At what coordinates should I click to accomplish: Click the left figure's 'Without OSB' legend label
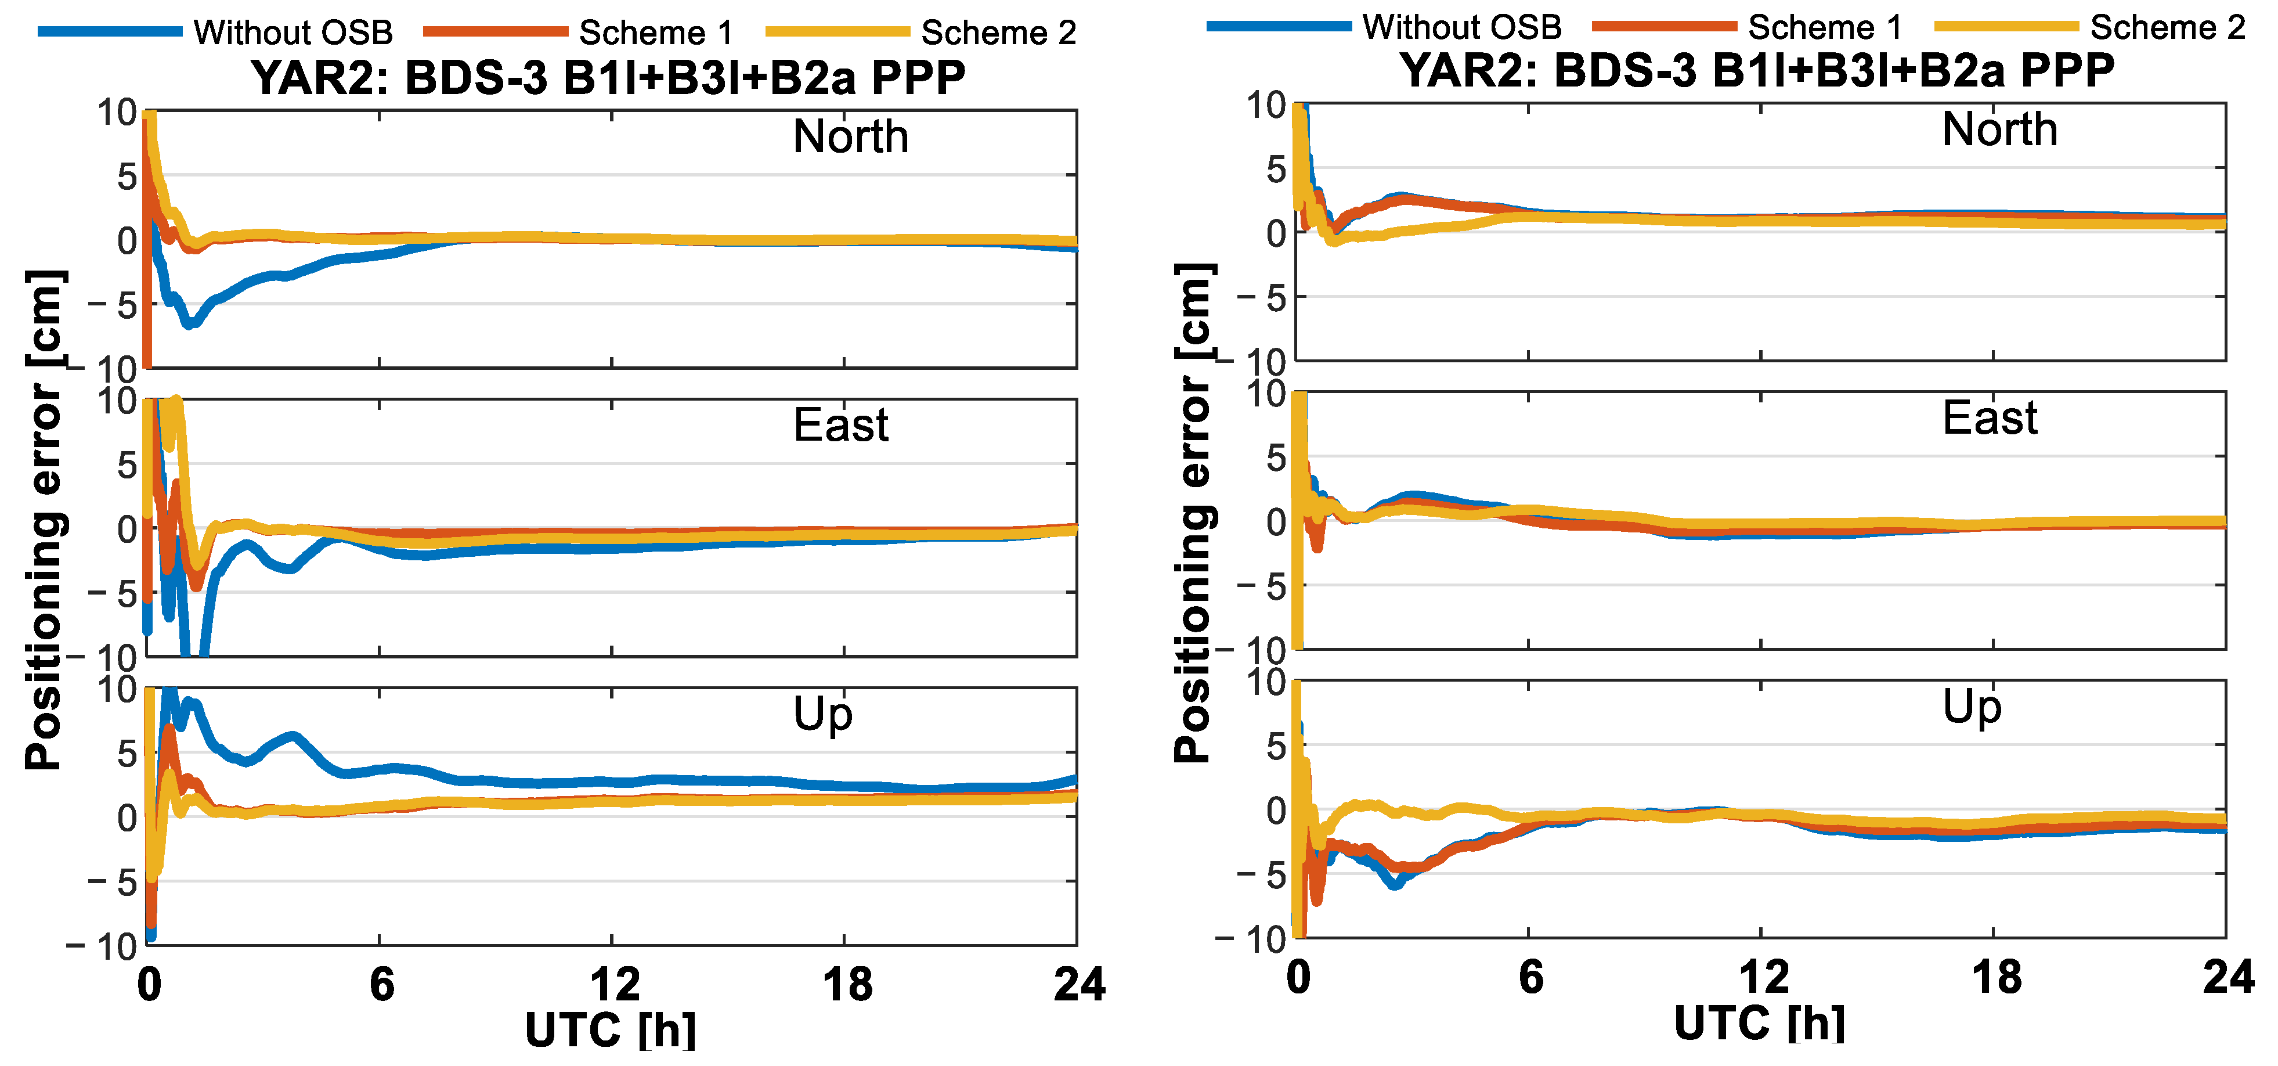coord(293,33)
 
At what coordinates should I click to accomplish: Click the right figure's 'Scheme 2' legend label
coord(2168,27)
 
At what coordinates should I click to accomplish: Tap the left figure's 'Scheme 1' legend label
coord(656,33)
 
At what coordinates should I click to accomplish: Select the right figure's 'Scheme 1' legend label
coord(1825,27)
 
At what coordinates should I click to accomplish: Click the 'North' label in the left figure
coord(851,136)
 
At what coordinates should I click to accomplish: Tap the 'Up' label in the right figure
coord(1972,707)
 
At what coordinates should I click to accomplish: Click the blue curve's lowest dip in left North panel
coord(189,324)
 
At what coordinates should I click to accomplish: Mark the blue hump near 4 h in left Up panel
coord(294,737)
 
